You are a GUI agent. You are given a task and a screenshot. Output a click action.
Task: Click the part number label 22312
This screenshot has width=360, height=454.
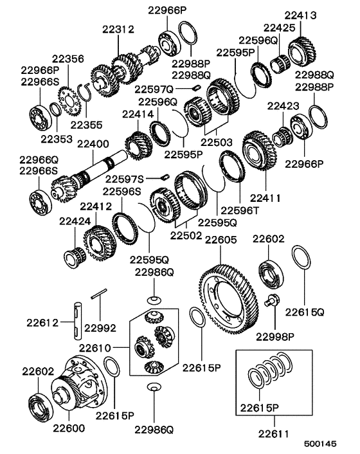[x=118, y=29]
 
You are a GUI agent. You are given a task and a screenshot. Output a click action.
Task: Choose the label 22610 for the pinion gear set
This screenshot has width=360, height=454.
[x=96, y=348]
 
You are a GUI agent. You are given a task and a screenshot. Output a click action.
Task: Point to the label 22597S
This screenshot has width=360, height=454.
[x=125, y=178]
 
